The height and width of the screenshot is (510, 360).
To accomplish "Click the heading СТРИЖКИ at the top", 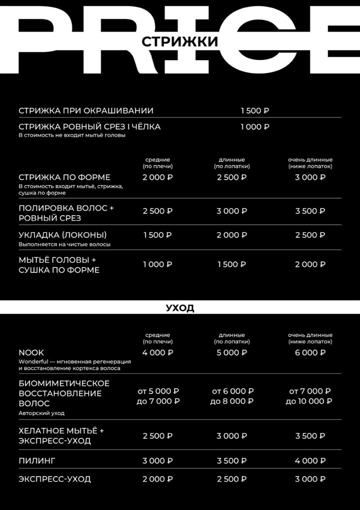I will pos(180,42).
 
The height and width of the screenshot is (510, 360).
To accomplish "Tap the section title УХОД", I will pos(180,308).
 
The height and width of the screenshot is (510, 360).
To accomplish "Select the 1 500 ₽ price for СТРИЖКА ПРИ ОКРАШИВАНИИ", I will pos(254,111).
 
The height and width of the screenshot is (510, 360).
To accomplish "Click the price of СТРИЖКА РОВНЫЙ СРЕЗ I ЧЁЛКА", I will pos(254,127).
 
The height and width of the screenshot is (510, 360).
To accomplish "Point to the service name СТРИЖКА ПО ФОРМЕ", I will pos(65,177).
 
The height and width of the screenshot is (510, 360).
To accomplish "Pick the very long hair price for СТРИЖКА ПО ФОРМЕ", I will pos(310,177).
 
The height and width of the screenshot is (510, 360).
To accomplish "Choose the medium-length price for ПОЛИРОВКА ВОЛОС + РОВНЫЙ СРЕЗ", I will pos(157,211).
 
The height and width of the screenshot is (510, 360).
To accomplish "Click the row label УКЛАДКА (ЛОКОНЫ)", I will pos(63,235).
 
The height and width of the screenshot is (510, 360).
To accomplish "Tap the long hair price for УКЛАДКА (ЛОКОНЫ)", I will pos(232,235).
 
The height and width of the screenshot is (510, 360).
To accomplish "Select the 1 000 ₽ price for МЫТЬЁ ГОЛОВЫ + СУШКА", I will pos(157,264).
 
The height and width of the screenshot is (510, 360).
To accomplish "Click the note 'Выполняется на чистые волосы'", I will pos(65,244).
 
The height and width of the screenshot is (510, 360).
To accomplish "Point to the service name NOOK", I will pos(31,352).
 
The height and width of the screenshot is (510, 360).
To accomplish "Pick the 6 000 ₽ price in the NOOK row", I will pos(310,352).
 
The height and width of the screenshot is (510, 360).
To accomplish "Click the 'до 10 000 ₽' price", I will pos(309,401).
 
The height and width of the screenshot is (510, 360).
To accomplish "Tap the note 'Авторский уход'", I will pos(41,413).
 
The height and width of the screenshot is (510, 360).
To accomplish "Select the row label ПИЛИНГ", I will pos(37,461).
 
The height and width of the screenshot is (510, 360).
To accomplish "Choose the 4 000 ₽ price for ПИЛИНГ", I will pos(310,461).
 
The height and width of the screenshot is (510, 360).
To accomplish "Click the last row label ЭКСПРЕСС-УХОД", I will pos(55,479).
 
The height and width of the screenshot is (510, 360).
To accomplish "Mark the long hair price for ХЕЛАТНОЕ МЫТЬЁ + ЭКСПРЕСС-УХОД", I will pos(232,436).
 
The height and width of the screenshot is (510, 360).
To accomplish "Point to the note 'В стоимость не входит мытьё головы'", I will pos(72,135).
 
